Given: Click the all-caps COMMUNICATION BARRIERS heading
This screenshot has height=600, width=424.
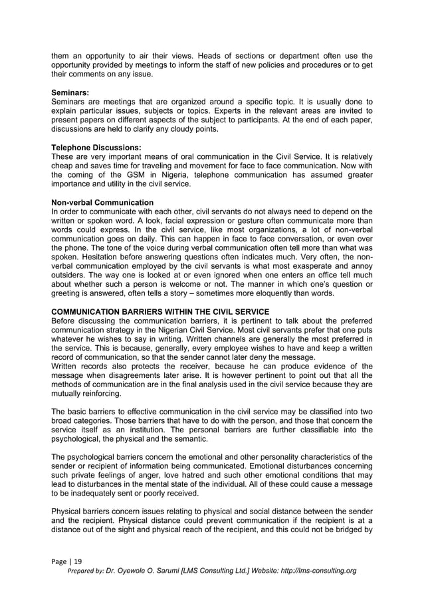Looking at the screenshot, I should pos(159,312).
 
